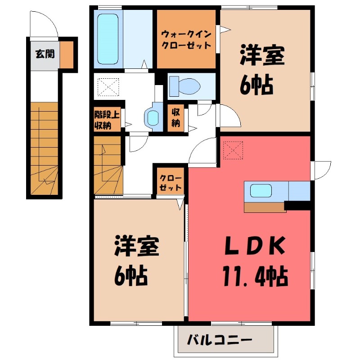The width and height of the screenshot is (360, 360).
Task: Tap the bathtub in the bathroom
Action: pos(107,40)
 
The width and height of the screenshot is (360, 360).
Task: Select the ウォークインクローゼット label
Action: pos(186,40)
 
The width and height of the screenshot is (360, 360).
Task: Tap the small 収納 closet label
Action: pos(176,118)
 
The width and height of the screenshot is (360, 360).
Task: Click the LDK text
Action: pos(254,247)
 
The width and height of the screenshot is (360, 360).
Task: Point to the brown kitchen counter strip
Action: pos(265,207)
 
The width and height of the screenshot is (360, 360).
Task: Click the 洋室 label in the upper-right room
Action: pos(262,57)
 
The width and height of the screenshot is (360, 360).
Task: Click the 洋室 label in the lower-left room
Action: pos(137,247)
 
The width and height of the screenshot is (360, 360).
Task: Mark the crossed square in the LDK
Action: pos(233,149)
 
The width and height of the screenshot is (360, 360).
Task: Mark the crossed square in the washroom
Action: pos(107,87)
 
